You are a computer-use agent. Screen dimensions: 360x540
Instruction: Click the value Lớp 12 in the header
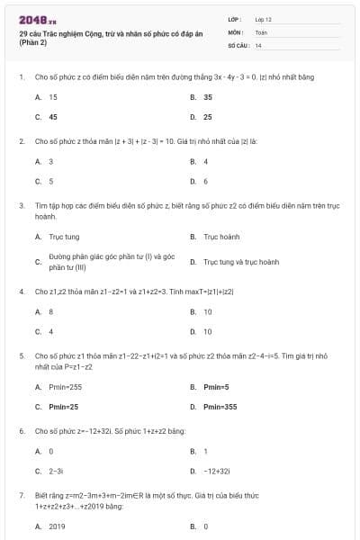click(263, 19)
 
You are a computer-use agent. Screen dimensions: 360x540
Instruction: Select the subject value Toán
click(261, 31)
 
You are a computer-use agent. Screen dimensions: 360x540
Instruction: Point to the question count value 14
click(258, 44)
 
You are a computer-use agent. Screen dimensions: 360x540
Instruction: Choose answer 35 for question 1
click(208, 96)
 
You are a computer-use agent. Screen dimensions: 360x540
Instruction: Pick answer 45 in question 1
click(53, 117)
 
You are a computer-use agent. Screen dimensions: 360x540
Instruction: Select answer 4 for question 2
click(206, 161)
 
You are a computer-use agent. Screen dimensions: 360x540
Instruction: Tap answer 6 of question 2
click(206, 181)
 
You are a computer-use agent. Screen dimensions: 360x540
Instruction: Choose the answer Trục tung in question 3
click(64, 237)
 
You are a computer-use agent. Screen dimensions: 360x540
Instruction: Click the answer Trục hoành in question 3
click(221, 237)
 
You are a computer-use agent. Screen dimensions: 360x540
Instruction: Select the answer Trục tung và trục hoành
click(241, 262)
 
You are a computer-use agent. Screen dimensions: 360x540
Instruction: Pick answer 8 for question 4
click(51, 311)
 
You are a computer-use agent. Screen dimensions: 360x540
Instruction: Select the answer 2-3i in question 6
click(56, 471)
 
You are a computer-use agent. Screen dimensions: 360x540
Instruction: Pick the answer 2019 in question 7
click(57, 526)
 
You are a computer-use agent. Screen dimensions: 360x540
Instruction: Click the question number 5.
click(22, 355)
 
